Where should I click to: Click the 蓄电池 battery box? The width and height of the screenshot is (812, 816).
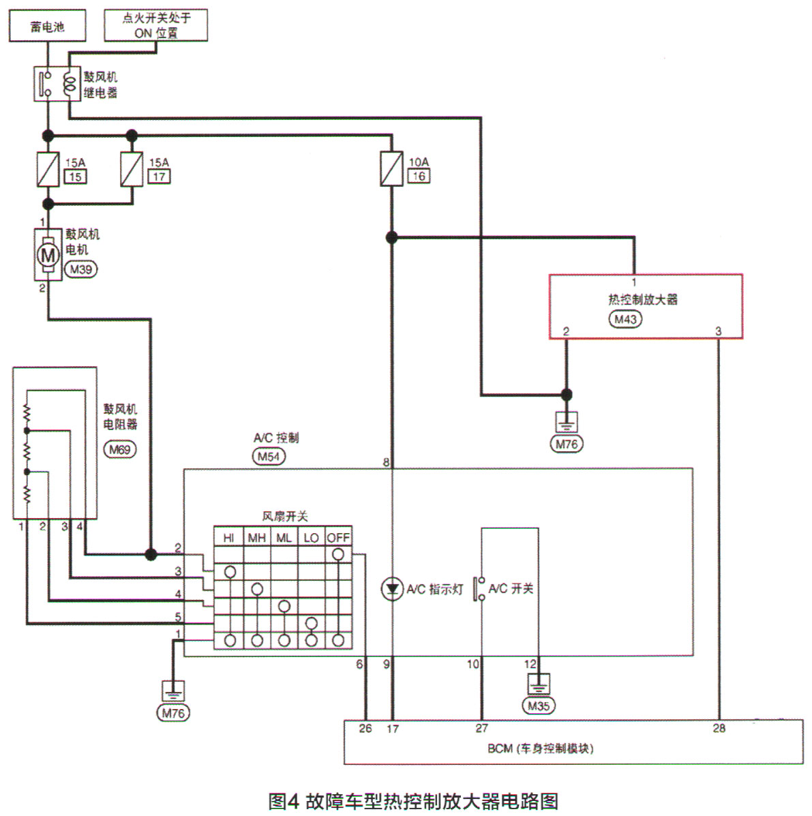(x=47, y=26)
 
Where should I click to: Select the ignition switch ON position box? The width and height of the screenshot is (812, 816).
(x=155, y=26)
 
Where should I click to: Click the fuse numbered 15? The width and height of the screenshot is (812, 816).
(x=48, y=169)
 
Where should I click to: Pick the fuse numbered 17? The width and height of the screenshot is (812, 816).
(x=132, y=169)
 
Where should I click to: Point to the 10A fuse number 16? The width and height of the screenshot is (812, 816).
(x=391, y=169)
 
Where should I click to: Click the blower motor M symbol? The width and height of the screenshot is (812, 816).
(x=48, y=256)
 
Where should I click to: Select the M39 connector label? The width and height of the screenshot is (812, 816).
(x=80, y=269)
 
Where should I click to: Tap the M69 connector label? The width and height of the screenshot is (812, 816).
(x=119, y=449)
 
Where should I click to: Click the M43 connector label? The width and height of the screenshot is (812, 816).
(x=625, y=318)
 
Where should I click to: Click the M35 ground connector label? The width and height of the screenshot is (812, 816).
(x=538, y=706)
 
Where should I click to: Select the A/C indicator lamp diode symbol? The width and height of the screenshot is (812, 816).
(x=391, y=589)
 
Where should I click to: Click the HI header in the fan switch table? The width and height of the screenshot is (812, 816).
(x=229, y=537)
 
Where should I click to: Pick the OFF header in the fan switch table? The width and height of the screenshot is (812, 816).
(x=338, y=537)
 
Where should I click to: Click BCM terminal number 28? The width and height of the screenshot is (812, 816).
(x=719, y=728)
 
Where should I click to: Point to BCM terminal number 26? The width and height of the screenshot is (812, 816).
(x=365, y=728)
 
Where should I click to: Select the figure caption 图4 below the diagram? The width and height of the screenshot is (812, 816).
(x=413, y=800)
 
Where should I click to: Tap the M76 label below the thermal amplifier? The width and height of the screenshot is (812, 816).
(x=566, y=444)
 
